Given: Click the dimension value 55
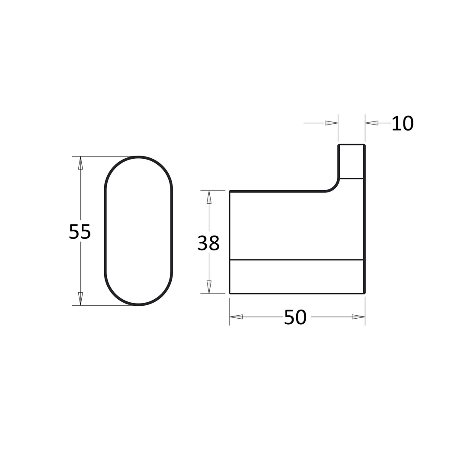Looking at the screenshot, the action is click(x=80, y=231).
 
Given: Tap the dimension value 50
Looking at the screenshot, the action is click(x=295, y=317).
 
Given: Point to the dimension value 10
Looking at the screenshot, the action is click(x=403, y=123).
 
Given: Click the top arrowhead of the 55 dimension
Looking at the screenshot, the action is click(x=80, y=163).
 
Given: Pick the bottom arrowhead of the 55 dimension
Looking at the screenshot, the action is click(x=80, y=299).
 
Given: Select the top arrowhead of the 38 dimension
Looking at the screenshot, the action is click(x=209, y=197).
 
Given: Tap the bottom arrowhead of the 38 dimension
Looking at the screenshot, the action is click(x=209, y=287).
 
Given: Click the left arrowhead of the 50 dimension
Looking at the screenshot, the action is click(x=236, y=317).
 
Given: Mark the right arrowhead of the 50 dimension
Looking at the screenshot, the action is click(x=358, y=317).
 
